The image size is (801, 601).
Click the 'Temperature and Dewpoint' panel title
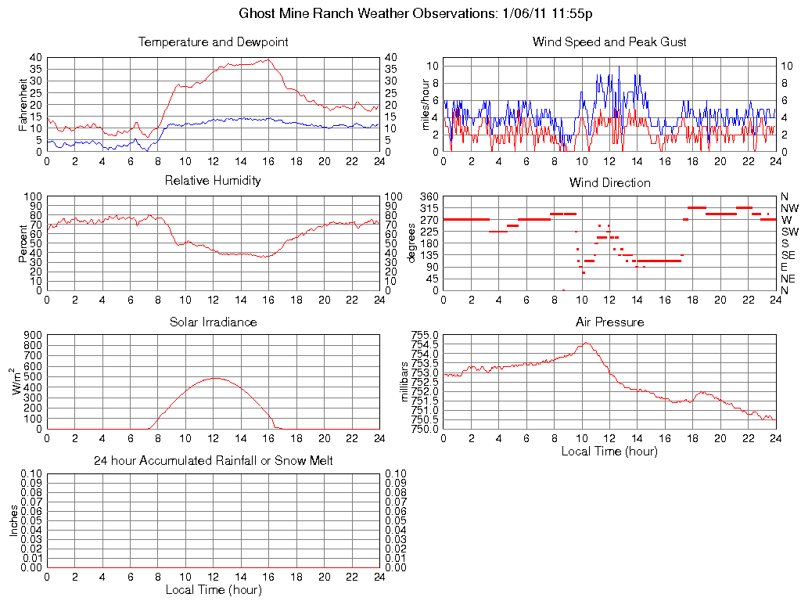(213, 42)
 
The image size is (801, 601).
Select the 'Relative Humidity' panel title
(213, 181)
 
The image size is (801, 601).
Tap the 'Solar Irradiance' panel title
(213, 322)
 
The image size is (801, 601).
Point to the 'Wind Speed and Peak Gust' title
(609, 42)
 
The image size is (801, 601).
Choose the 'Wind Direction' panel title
(609, 182)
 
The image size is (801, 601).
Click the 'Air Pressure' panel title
(609, 322)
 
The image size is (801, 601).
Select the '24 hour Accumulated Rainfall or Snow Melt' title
(213, 461)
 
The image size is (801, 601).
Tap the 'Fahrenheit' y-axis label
(23, 104)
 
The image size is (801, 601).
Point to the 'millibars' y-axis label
(404, 382)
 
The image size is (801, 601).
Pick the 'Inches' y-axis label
(13, 520)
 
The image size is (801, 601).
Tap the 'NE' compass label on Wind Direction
(788, 279)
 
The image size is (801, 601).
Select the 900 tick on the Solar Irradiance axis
(31, 335)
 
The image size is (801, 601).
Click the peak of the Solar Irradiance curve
(214, 378)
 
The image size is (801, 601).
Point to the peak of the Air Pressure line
(584, 342)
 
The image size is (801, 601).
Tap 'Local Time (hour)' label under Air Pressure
(609, 451)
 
